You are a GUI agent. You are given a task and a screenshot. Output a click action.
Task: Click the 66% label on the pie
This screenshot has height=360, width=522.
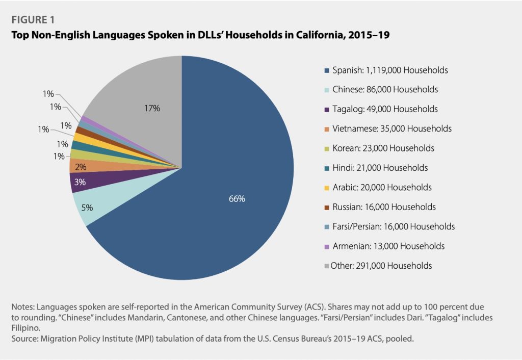(x=237, y=199)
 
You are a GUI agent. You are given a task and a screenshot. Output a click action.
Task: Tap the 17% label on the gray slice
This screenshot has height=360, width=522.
(x=152, y=108)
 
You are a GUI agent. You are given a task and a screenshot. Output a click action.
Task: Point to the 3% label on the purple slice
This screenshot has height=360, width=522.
(x=80, y=182)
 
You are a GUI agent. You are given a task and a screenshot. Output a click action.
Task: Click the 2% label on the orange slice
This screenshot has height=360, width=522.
(x=81, y=167)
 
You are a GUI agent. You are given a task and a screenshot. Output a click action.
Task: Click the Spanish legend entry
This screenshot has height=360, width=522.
(x=390, y=70)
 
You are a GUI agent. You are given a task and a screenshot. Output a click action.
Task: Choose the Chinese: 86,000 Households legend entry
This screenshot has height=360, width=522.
(x=385, y=90)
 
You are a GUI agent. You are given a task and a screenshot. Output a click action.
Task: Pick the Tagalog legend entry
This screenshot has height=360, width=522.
(x=385, y=109)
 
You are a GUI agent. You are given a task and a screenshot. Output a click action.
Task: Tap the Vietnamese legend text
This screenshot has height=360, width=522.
(x=391, y=128)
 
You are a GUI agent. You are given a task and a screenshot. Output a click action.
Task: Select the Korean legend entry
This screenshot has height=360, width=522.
(x=383, y=148)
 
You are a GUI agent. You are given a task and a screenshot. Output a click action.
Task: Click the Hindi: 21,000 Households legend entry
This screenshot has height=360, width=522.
(x=380, y=167)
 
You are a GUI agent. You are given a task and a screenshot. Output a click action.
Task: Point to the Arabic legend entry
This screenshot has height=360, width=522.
(x=382, y=187)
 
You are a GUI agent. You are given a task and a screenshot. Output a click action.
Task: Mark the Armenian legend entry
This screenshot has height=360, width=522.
(x=388, y=246)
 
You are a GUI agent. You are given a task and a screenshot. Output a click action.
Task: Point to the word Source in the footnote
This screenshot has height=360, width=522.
(x=22, y=337)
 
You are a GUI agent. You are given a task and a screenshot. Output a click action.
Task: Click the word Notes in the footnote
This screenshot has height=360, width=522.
(x=21, y=307)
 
